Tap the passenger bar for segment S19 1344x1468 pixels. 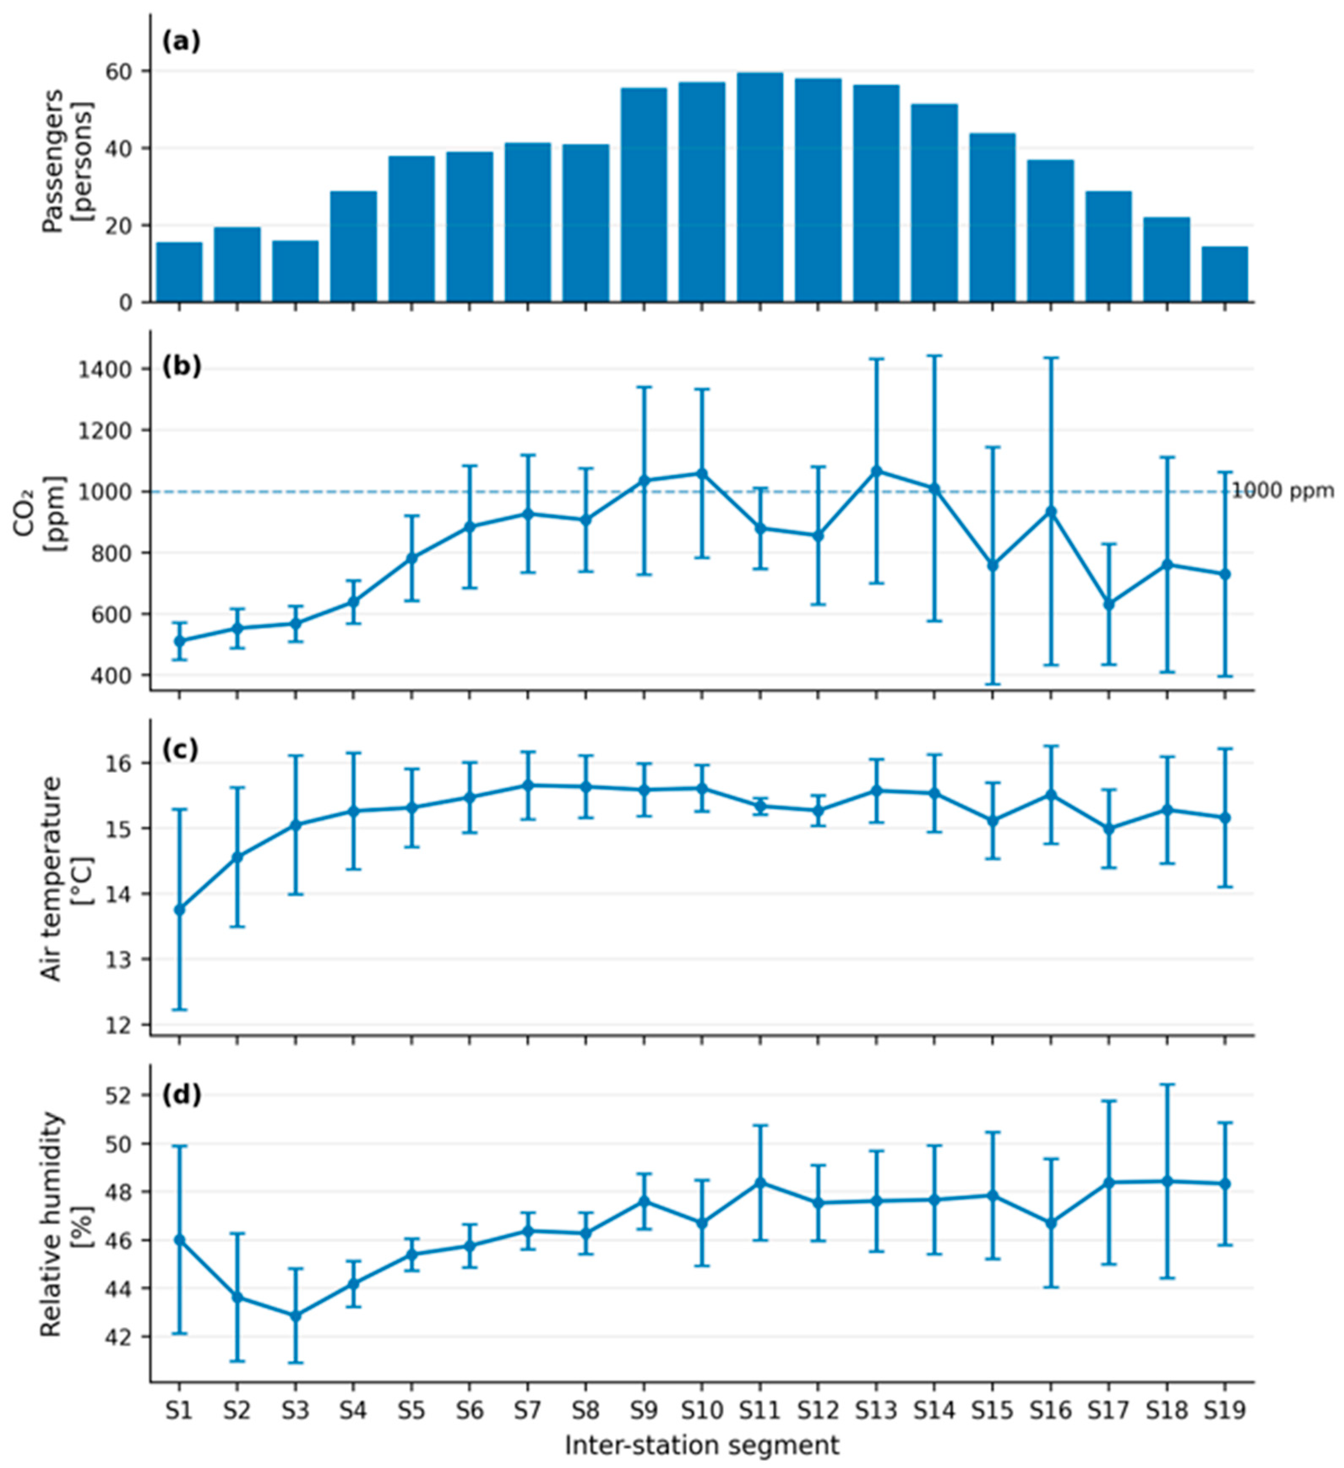tap(1224, 274)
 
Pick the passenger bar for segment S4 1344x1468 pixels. tap(354, 247)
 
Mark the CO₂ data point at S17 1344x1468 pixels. tap(1109, 604)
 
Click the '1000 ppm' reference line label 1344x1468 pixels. tap(1282, 492)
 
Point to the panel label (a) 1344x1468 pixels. tap(180, 41)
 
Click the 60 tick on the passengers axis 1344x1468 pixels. tap(125, 71)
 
